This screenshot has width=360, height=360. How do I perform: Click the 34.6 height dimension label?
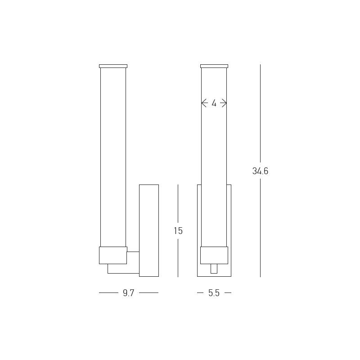tap(260, 171)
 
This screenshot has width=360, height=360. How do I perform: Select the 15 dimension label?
tap(178, 231)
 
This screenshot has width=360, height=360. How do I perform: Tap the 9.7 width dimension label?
tap(128, 293)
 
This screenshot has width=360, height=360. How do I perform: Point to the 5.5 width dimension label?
tap(214, 293)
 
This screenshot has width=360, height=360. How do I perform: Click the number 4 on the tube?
tap(214, 103)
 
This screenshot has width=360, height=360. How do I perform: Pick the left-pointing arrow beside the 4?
tap(205, 103)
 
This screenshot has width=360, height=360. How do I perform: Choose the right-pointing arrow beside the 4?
tap(223, 103)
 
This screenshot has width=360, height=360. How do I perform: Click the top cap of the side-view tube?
tap(113, 66)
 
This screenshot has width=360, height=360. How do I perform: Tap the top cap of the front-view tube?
tap(214, 66)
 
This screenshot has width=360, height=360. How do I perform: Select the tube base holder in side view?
tap(113, 255)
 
